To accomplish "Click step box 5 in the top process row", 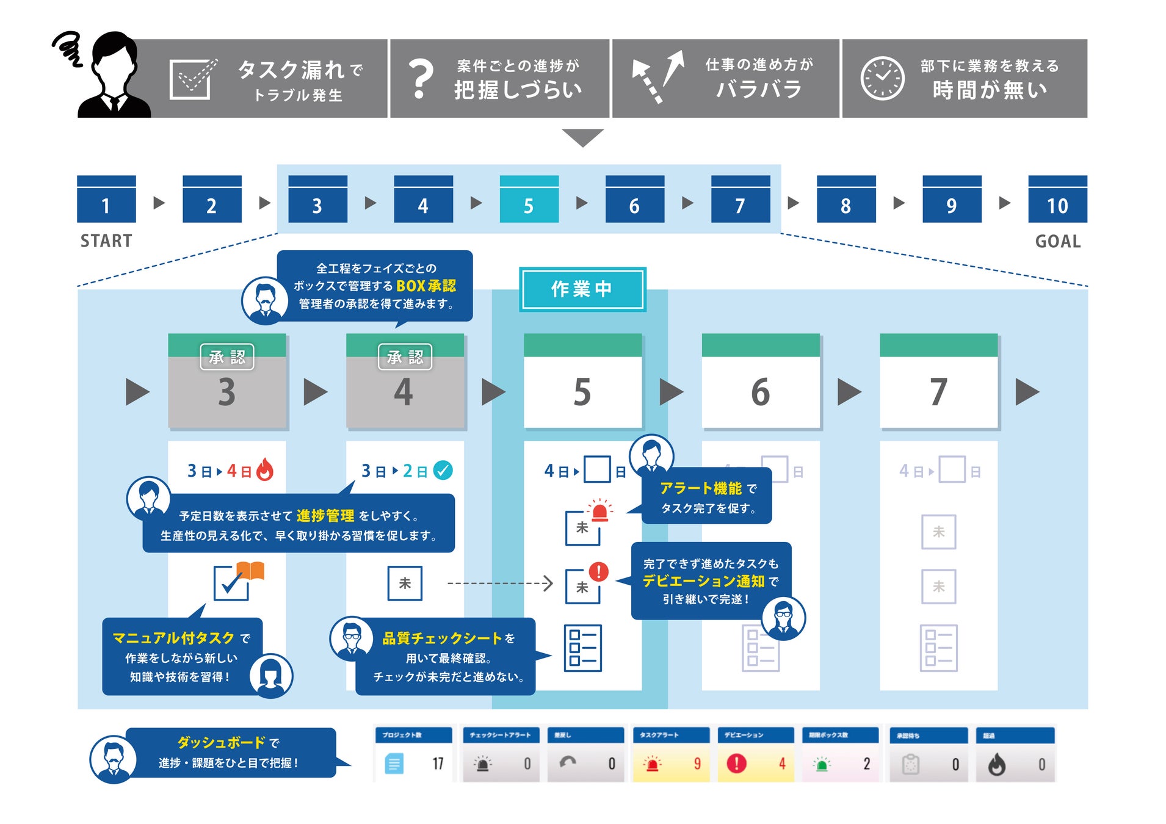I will click(529, 200).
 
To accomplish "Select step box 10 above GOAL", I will click(1057, 200).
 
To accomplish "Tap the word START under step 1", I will click(106, 241).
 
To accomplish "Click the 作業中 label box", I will click(582, 289).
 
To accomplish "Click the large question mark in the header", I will click(421, 79).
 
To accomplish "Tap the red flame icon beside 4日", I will click(265, 469).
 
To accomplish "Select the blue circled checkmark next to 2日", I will click(443, 470).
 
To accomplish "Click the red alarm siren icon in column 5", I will click(599, 510).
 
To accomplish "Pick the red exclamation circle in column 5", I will click(598, 571).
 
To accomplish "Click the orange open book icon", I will click(250, 571).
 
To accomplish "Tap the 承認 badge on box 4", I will click(405, 357).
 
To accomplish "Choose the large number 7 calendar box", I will click(938, 381).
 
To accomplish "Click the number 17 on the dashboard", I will click(438, 764).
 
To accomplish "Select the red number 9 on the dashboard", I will click(697, 764).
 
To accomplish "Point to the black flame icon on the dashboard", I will click(996, 764).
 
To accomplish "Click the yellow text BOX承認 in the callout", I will click(426, 286).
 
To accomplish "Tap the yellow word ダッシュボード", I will click(221, 742).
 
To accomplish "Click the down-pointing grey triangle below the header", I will click(582, 137).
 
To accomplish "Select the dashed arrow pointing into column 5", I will click(501, 584).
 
